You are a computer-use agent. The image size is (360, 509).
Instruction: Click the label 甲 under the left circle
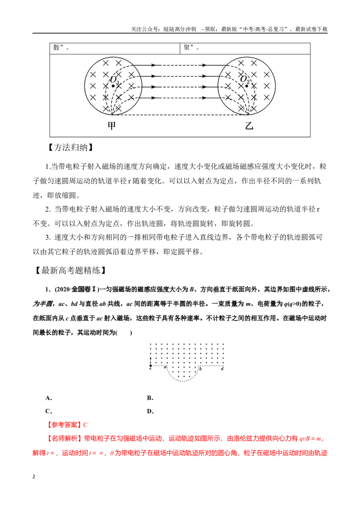tap(112, 125)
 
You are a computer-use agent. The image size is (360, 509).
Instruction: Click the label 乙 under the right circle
tap(249, 125)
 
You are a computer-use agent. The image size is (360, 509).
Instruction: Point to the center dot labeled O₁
tap(113, 86)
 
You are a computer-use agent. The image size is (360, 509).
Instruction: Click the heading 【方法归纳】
tap(71, 147)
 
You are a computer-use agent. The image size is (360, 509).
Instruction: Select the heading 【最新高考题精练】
tap(71, 270)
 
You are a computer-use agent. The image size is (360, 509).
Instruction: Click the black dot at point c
tap(150, 366)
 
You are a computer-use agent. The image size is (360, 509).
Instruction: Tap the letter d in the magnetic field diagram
tap(222, 369)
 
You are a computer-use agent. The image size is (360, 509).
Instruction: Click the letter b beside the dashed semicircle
tap(200, 368)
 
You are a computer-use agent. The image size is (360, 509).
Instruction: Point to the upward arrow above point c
tap(150, 361)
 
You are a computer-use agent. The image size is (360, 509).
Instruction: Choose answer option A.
tap(49, 398)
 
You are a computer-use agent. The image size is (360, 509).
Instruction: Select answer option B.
tap(150, 398)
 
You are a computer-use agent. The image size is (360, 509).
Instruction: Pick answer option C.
tap(49, 411)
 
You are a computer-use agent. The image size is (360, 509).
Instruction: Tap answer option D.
tap(150, 411)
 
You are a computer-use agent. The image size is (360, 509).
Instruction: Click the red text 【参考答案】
tap(64, 425)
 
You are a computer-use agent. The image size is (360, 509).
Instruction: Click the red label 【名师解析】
tap(64, 438)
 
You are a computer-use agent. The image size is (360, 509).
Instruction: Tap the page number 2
tap(34, 477)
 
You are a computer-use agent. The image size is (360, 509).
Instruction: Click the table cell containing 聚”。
tap(245, 49)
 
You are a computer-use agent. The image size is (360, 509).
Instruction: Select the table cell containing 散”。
tap(115, 49)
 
